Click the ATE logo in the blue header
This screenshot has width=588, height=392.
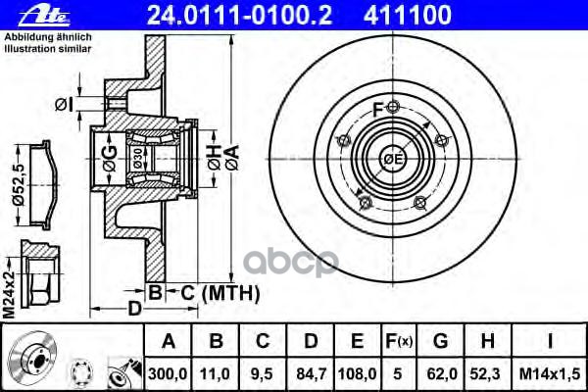point(44,16)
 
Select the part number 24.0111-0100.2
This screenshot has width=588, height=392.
point(240,15)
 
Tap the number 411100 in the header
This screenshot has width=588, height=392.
point(408,15)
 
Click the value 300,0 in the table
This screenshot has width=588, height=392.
point(168,373)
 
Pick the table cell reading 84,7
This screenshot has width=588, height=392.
point(311,373)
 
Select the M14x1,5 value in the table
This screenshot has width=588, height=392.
point(550,373)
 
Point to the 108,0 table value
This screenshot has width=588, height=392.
point(357,373)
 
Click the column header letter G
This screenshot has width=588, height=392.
point(440,341)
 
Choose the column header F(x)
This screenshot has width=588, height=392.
point(399,341)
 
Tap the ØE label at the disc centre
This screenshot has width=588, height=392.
point(392,160)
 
